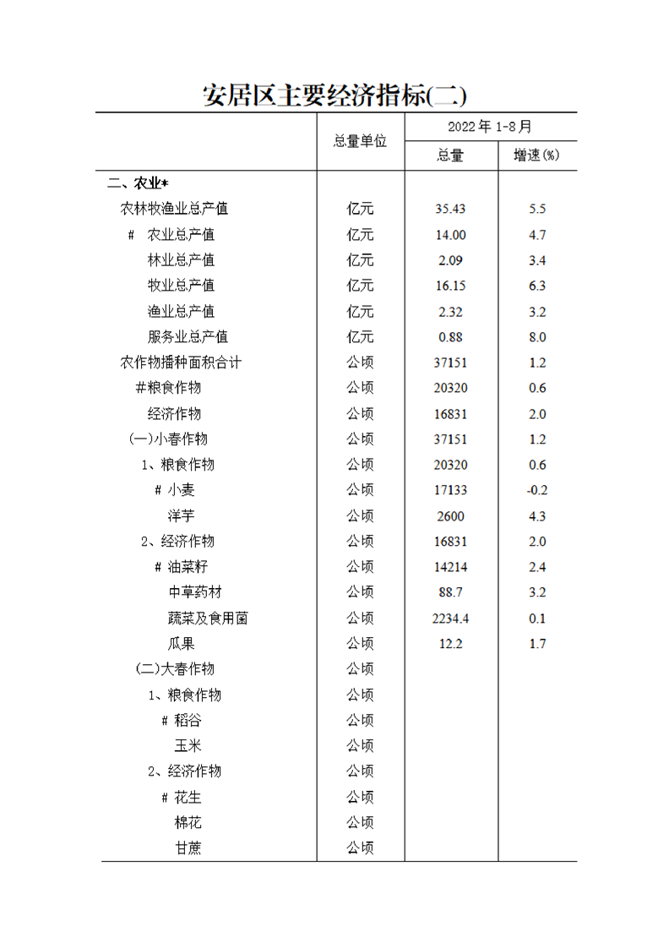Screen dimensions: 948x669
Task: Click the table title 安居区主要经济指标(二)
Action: click(x=335, y=95)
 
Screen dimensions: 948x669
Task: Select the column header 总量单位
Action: click(x=360, y=141)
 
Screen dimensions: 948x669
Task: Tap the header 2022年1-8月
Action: click(x=490, y=127)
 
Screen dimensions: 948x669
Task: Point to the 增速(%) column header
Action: click(x=537, y=155)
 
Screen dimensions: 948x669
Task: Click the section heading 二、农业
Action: click(x=139, y=183)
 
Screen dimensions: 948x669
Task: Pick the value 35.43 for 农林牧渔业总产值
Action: click(x=450, y=209)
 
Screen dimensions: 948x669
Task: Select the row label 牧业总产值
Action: click(x=181, y=286)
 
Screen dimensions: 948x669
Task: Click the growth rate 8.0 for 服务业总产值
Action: click(x=537, y=337)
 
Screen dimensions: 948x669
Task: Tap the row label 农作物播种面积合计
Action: click(x=181, y=362)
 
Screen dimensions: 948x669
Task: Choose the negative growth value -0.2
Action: click(x=537, y=490)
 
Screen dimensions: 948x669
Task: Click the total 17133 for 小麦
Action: click(x=450, y=490)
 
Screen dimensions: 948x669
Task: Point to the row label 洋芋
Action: click(x=181, y=515)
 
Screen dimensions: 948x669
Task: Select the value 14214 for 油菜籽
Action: click(x=450, y=567)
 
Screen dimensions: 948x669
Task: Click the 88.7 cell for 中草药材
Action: click(x=450, y=592)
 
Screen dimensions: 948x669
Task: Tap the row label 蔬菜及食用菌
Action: click(x=208, y=618)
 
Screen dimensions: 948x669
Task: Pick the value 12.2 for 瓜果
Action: click(x=450, y=644)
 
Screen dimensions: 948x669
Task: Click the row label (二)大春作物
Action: click(x=175, y=669)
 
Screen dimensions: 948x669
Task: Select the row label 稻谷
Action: click(x=188, y=721)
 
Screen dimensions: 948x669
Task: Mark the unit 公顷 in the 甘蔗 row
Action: click(x=360, y=848)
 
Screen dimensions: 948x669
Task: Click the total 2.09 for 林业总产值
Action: click(x=450, y=260)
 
